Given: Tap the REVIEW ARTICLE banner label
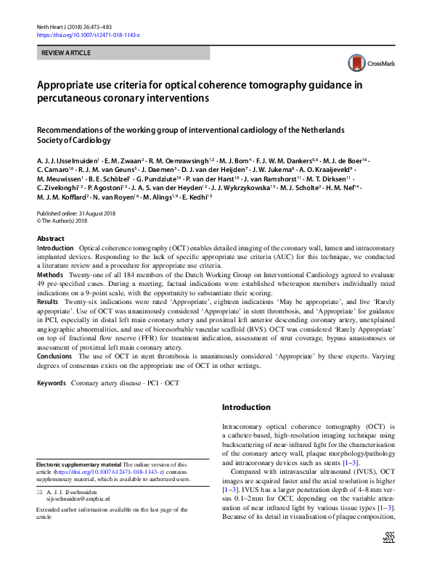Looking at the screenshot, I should tap(65, 53).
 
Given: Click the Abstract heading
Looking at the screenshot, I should tap(50, 239).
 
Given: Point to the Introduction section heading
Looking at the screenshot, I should tap(246, 407).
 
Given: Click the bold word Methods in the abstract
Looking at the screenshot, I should tap(49, 275).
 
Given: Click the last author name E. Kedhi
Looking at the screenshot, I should tap(196, 197).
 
